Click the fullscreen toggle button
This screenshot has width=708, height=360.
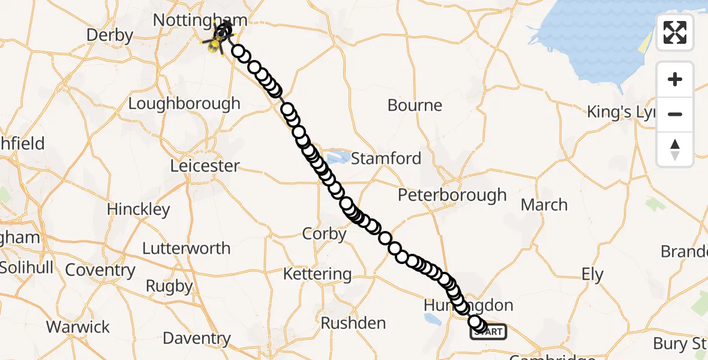pos(675,32)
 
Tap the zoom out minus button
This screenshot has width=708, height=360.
pos(675,114)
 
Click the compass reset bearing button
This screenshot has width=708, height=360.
pos(675,149)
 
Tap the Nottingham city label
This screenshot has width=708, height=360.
pos(199,20)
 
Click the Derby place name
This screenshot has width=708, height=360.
pos(109,35)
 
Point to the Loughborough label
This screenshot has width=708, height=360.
pos(184,103)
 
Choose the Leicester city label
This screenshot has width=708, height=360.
pos(205,166)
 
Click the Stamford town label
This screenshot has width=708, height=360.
pos(386,159)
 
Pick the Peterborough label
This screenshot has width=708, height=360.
pos(453,196)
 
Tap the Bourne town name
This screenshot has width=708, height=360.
pos(415,106)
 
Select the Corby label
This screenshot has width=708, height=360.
pos(325,234)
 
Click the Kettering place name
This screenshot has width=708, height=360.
pos(317,274)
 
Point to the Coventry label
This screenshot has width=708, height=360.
pos(100,270)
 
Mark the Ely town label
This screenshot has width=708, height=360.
pos(592,275)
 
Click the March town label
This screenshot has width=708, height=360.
pos(544,205)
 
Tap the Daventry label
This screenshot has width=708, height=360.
pos(197,338)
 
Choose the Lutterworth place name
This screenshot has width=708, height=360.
pos(186,248)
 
